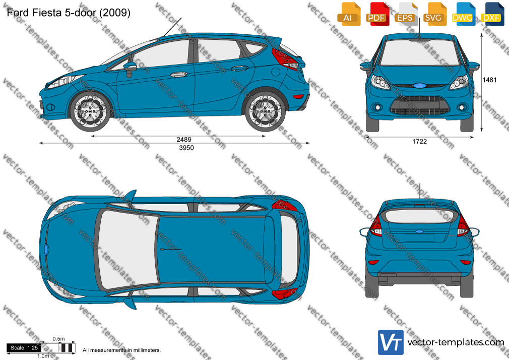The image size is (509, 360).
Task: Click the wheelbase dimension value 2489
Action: pos(184,139)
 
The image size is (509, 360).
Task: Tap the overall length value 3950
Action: pos(186,148)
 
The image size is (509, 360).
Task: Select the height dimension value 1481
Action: pos(489,80)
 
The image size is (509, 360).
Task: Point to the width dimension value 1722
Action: pos(419,142)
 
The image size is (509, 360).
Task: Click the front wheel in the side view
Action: pos(90,111)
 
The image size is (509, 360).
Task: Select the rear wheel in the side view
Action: pos(265,111)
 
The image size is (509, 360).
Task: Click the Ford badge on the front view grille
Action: pos(419,86)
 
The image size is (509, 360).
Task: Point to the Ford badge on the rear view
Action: pos(419,231)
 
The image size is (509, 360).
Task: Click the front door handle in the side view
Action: pos(178,75)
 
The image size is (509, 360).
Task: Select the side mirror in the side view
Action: pos(130,68)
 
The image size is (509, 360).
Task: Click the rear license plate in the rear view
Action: pos(419,238)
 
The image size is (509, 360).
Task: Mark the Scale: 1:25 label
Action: pos(24,348)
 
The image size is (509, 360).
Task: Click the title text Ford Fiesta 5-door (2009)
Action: pos(69,13)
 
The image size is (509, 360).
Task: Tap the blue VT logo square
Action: pos(391,342)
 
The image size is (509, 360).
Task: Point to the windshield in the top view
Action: pos(127,249)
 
